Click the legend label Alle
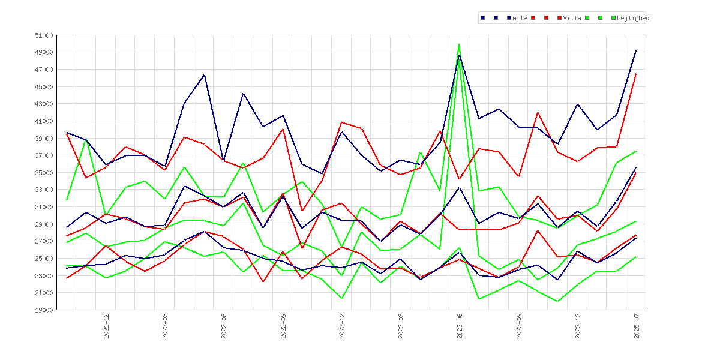coord(520,19)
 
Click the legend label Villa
coord(572,19)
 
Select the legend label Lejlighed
coord(633,19)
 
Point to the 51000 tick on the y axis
coord(44,35)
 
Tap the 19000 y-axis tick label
coord(44,310)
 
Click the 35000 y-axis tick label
coord(44,173)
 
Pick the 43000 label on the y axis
coord(44,104)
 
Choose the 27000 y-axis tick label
coord(44,241)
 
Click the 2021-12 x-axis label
coord(107,326)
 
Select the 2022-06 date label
coord(224,326)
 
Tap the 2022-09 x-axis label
coord(283,326)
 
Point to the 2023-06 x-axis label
coord(460,326)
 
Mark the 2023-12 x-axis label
coord(578,326)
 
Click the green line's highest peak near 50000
coord(460,44)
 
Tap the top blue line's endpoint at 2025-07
coord(636,50)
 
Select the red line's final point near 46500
coord(636,74)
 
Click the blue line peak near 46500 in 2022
coord(204,75)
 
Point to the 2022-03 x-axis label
coord(166,326)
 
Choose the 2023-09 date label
coord(520,326)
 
